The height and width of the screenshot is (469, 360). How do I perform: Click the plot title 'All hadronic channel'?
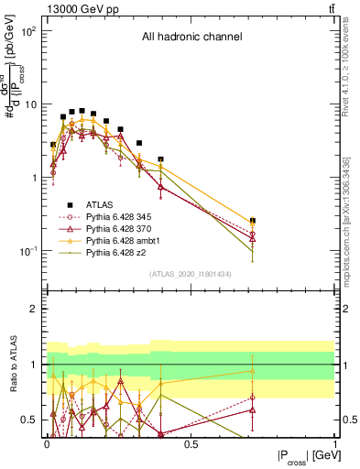click(191, 38)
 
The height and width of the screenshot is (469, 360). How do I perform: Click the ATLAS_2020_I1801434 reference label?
click(191, 275)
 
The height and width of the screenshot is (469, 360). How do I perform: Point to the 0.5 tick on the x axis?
click(191, 445)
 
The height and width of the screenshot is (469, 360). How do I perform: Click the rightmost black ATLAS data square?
click(252, 221)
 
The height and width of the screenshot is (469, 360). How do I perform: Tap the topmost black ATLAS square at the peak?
click(82, 111)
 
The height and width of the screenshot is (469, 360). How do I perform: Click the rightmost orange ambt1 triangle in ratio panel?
click(252, 371)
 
